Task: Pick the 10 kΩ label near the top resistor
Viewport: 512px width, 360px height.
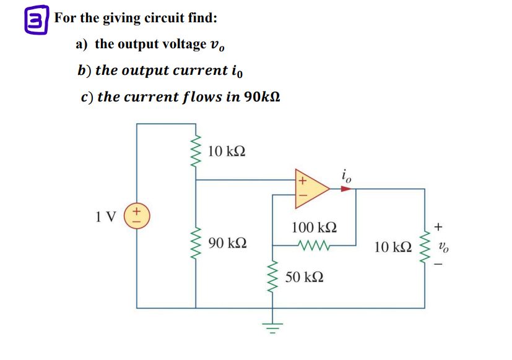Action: (227, 151)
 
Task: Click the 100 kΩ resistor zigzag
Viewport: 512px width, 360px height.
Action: (316, 245)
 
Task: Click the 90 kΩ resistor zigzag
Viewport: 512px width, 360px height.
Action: (197, 242)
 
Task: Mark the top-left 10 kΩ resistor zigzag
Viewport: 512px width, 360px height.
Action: (197, 152)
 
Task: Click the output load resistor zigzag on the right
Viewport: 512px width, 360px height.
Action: (424, 247)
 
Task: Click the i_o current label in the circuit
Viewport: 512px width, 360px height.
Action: (346, 174)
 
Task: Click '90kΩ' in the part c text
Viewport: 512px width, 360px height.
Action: (263, 97)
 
